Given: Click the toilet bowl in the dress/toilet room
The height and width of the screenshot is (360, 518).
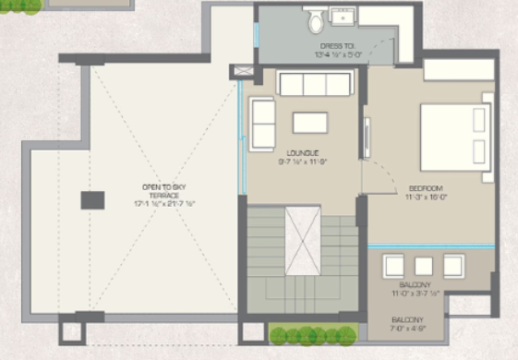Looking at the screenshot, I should [x=314, y=18].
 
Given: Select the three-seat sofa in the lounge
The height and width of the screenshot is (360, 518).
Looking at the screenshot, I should [x=315, y=84].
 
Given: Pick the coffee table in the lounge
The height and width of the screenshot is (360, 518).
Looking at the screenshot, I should [x=310, y=123].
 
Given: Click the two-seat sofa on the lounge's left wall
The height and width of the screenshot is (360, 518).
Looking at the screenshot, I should [x=263, y=122].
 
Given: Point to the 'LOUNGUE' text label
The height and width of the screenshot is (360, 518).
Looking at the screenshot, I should [x=302, y=152].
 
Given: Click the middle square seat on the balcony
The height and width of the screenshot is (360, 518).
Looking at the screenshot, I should [x=425, y=265].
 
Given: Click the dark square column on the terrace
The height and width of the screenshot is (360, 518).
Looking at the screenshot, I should [x=92, y=200].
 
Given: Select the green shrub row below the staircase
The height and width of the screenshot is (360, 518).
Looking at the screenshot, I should [x=312, y=334].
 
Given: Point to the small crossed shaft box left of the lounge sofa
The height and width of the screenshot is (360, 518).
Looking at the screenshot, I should [x=244, y=71].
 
